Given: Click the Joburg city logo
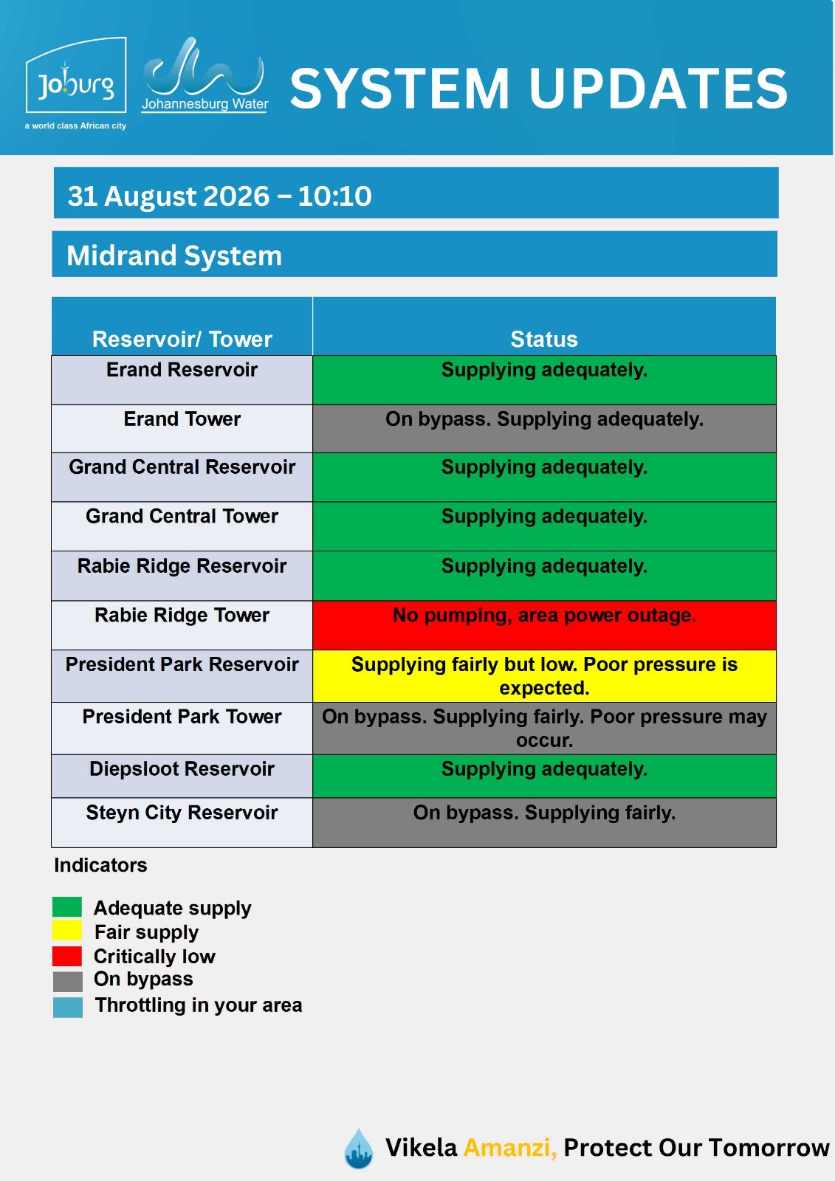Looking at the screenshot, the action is click(x=75, y=82).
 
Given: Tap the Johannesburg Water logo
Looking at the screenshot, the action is click(x=205, y=75).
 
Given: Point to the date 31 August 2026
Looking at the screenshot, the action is click(x=168, y=196).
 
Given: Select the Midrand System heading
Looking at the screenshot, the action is click(x=174, y=255).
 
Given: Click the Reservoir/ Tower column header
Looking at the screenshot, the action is click(x=182, y=339).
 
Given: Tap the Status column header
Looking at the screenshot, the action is click(x=544, y=339).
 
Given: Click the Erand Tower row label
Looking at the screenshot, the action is click(x=182, y=419).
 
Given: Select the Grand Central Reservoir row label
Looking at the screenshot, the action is click(x=182, y=467).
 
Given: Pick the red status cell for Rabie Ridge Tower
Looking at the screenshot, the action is click(x=544, y=625).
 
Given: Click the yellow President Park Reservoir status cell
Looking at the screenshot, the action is click(x=544, y=676).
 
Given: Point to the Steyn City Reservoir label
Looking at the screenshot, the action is click(x=182, y=813).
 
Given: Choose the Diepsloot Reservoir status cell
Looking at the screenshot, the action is click(x=544, y=776).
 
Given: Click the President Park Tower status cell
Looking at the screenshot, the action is click(x=544, y=728).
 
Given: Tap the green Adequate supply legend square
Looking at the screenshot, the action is click(x=67, y=907).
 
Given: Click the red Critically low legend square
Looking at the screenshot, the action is click(x=67, y=956).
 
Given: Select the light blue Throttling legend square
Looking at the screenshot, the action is click(x=67, y=1007).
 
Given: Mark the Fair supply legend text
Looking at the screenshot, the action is click(x=147, y=932).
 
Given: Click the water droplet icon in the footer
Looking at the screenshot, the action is click(x=359, y=1148).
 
